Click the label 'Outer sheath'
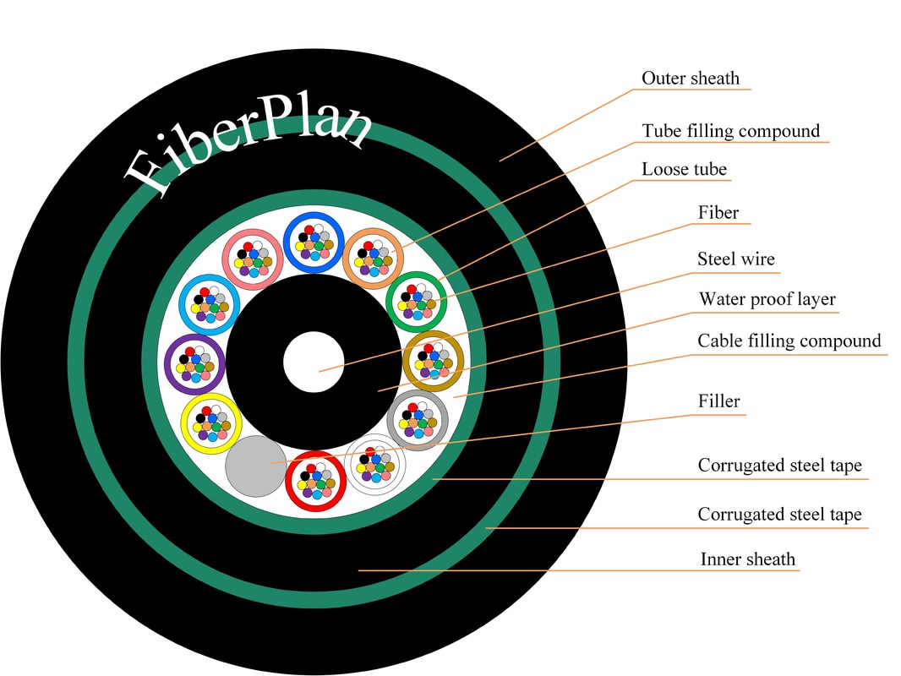[x=690, y=79]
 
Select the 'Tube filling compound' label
[x=730, y=131]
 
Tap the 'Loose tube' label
[x=684, y=169]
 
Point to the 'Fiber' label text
[x=718, y=212]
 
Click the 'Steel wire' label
[x=735, y=259]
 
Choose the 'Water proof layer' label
[x=767, y=299]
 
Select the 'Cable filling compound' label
[x=789, y=341]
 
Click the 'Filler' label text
[x=719, y=401]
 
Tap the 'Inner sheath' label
[x=747, y=559]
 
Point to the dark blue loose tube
[x=313, y=242]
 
